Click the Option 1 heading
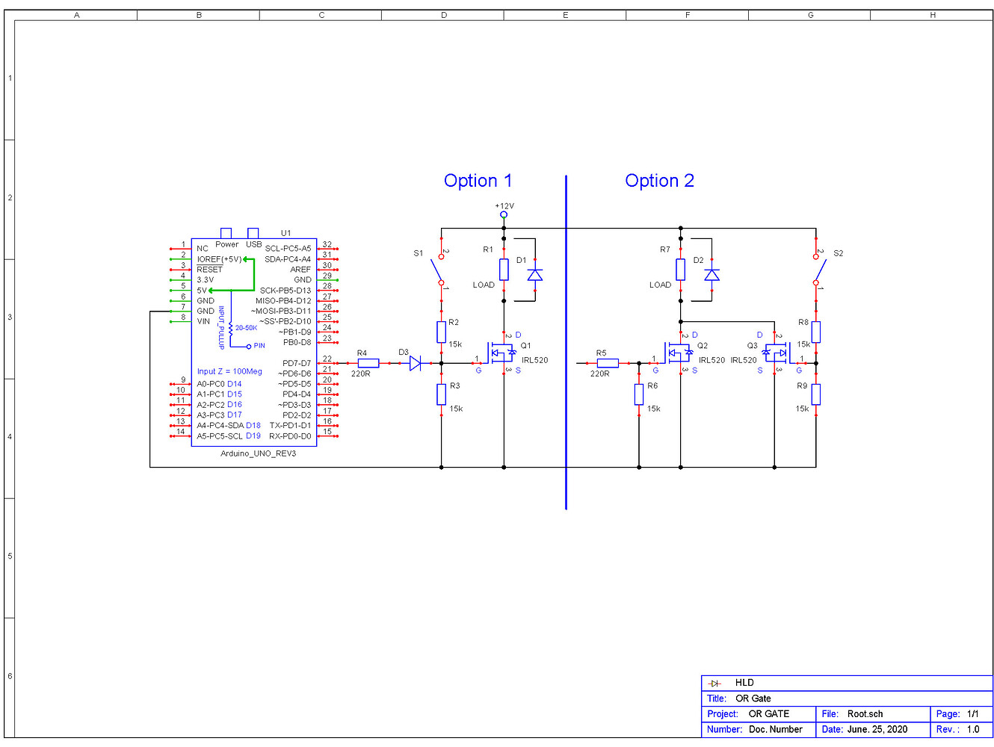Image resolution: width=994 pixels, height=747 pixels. (478, 181)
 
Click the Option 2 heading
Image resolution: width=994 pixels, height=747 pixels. (659, 181)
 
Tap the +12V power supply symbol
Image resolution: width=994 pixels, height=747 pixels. (504, 214)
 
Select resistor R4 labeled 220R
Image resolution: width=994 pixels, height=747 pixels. (368, 363)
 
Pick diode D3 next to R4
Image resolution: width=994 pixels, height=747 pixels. (415, 363)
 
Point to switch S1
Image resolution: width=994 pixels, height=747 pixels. (439, 270)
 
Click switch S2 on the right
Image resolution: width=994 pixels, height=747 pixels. (818, 270)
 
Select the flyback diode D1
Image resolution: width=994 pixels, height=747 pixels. (535, 275)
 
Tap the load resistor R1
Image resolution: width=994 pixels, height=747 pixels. (504, 270)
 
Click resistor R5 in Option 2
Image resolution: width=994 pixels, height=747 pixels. (608, 363)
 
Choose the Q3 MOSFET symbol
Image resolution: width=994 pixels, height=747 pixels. (775, 352)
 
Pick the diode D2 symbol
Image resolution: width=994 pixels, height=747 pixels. (712, 275)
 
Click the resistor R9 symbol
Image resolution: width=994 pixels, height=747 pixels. (816, 394)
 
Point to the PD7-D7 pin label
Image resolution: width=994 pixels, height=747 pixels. (297, 364)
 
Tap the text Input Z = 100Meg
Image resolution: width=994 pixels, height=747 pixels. (229, 371)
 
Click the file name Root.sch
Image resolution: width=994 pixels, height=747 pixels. (865, 714)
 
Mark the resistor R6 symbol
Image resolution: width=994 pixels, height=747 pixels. (639, 394)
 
